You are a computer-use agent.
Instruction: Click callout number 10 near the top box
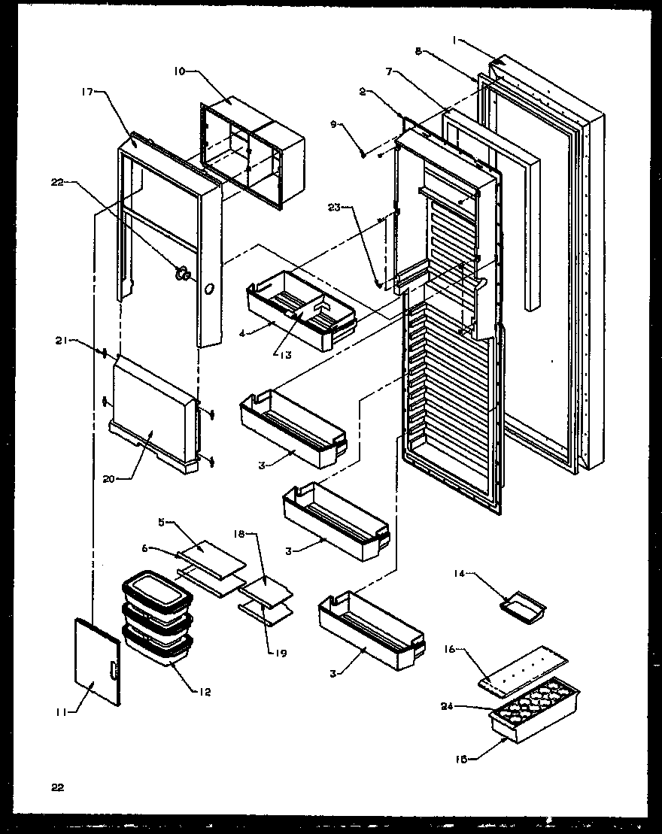179,72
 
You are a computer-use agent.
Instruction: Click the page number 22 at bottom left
58,787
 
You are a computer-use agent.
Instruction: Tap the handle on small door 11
111,671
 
